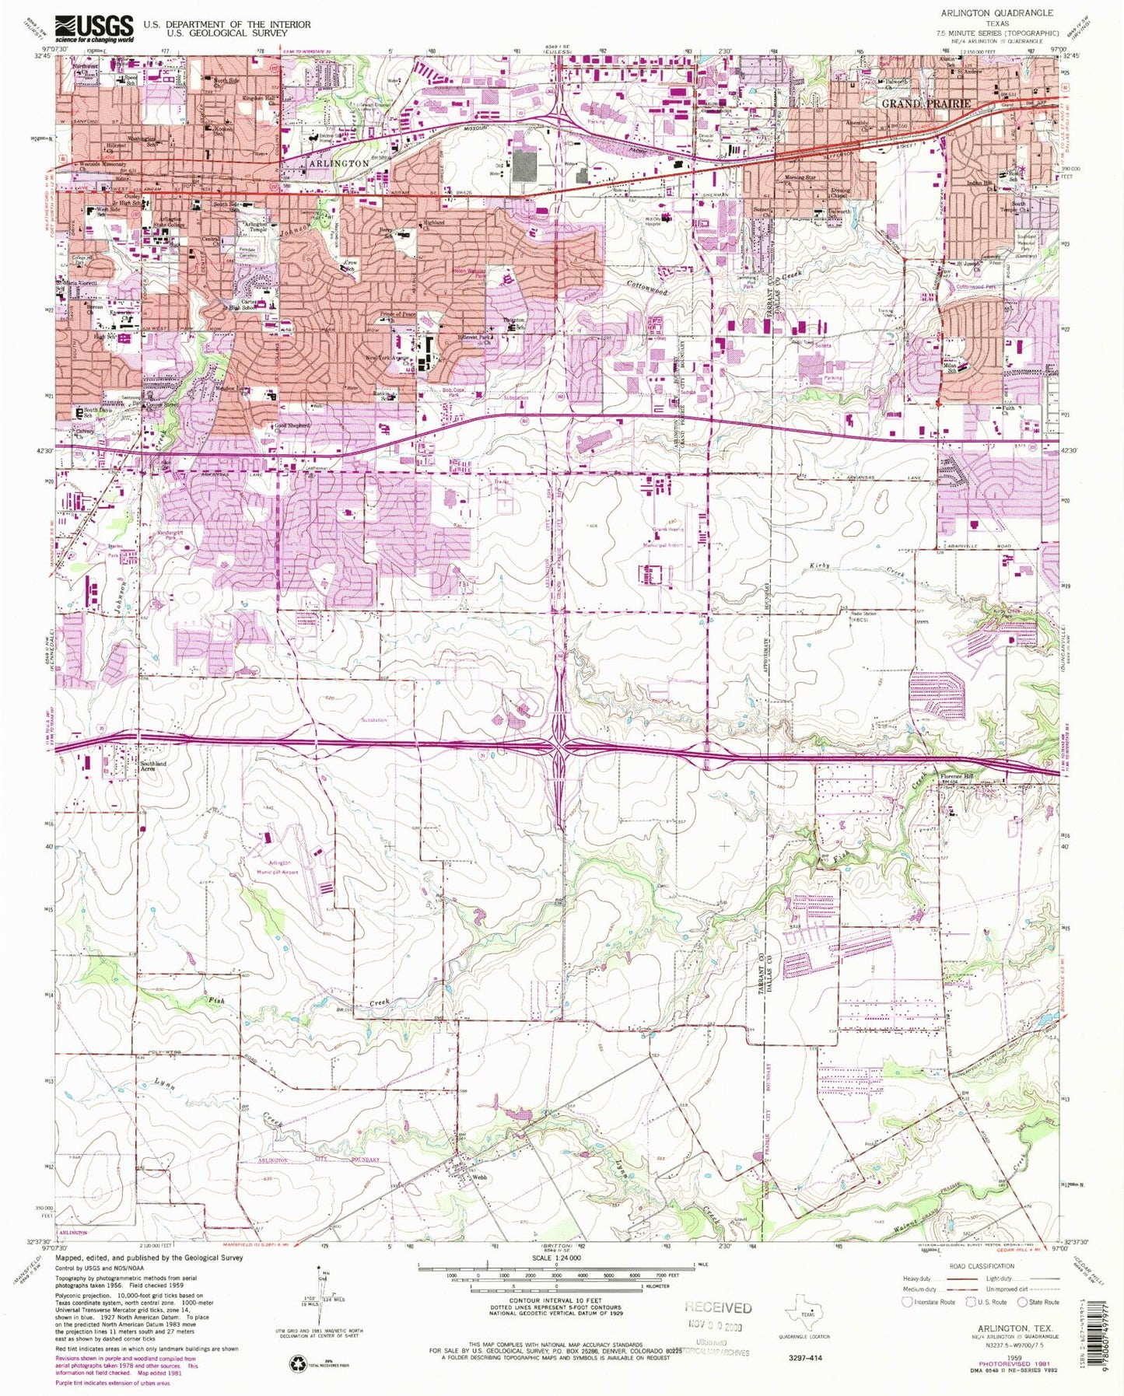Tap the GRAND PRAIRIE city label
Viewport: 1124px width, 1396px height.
[x=926, y=103]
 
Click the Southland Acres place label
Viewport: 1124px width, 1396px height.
[x=152, y=766]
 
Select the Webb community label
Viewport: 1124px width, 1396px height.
[x=480, y=1177]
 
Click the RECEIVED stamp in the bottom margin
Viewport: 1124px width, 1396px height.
[x=717, y=1307]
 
